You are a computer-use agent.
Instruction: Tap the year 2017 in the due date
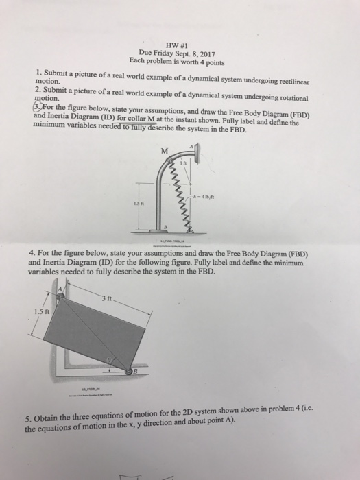pos(207,49)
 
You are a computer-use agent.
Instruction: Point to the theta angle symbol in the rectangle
pos(108,359)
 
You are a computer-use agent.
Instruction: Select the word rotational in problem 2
pos(285,99)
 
